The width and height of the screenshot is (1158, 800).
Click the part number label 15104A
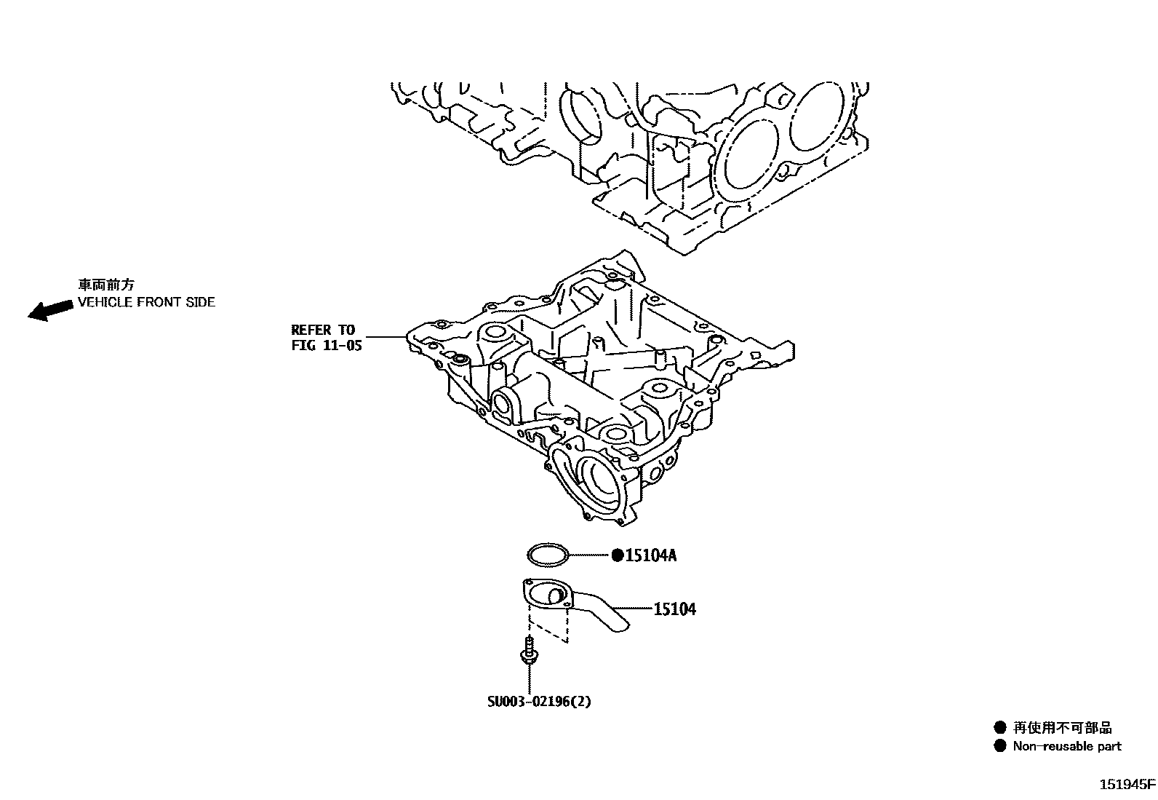click(651, 556)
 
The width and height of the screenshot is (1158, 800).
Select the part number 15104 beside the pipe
click(674, 609)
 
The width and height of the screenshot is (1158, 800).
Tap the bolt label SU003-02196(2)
click(539, 702)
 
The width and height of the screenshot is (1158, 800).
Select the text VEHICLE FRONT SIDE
click(146, 302)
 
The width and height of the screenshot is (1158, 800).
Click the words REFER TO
click(323, 330)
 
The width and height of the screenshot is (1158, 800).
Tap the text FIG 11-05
click(326, 346)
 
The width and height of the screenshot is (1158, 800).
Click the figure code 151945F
click(1126, 785)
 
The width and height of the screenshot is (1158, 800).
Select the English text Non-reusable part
click(1067, 746)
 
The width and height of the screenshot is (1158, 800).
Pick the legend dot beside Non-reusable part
click(1000, 745)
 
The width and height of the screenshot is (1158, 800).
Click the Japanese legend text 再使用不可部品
click(1062, 727)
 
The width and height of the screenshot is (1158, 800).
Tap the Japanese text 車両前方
click(106, 285)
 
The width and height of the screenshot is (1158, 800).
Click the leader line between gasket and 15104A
click(589, 555)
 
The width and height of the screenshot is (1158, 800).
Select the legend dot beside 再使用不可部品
click(1000, 727)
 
